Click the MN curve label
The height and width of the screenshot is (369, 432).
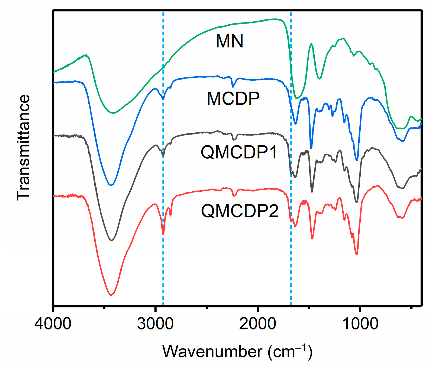click(229, 41)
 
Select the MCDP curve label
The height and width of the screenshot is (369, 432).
click(233, 99)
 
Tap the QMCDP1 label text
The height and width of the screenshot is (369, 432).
click(239, 152)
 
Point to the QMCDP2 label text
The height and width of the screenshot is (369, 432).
click(240, 211)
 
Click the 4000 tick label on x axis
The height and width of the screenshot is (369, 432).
click(53, 324)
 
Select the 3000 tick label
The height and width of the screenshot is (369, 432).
click(155, 324)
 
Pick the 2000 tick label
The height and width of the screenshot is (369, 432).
click(257, 324)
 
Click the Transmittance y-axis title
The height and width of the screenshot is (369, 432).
click(23, 148)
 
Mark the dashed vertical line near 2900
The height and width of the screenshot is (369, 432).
click(163, 271)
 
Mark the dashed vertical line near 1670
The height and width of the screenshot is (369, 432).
click(291, 271)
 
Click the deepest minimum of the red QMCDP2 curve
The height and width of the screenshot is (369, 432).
click(111, 295)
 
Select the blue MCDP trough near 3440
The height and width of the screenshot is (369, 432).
click(111, 185)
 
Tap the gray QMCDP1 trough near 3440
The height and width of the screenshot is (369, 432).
click(111, 240)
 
